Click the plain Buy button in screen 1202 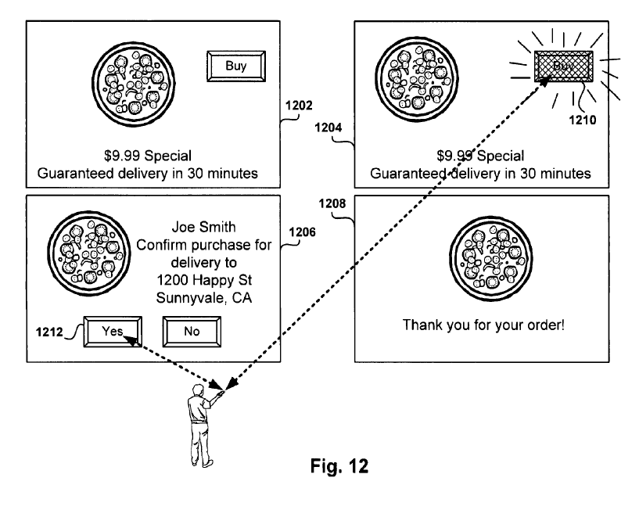click(x=235, y=66)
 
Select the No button click(x=192, y=331)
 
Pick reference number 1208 click(x=334, y=203)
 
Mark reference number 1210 click(x=581, y=121)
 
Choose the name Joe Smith click(x=203, y=229)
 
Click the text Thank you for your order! click(x=483, y=325)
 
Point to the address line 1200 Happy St click(x=203, y=281)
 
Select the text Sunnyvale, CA click(x=203, y=298)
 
